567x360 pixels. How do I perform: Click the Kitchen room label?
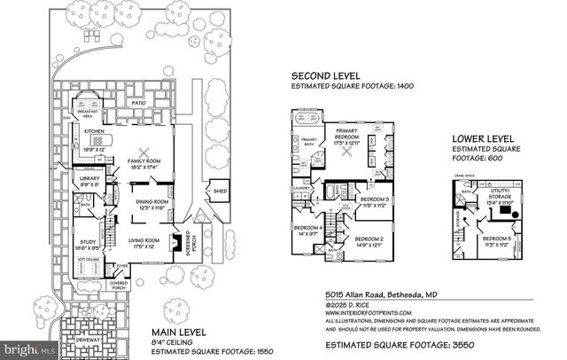click(x=95, y=130)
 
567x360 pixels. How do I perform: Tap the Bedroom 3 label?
click(x=377, y=200)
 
